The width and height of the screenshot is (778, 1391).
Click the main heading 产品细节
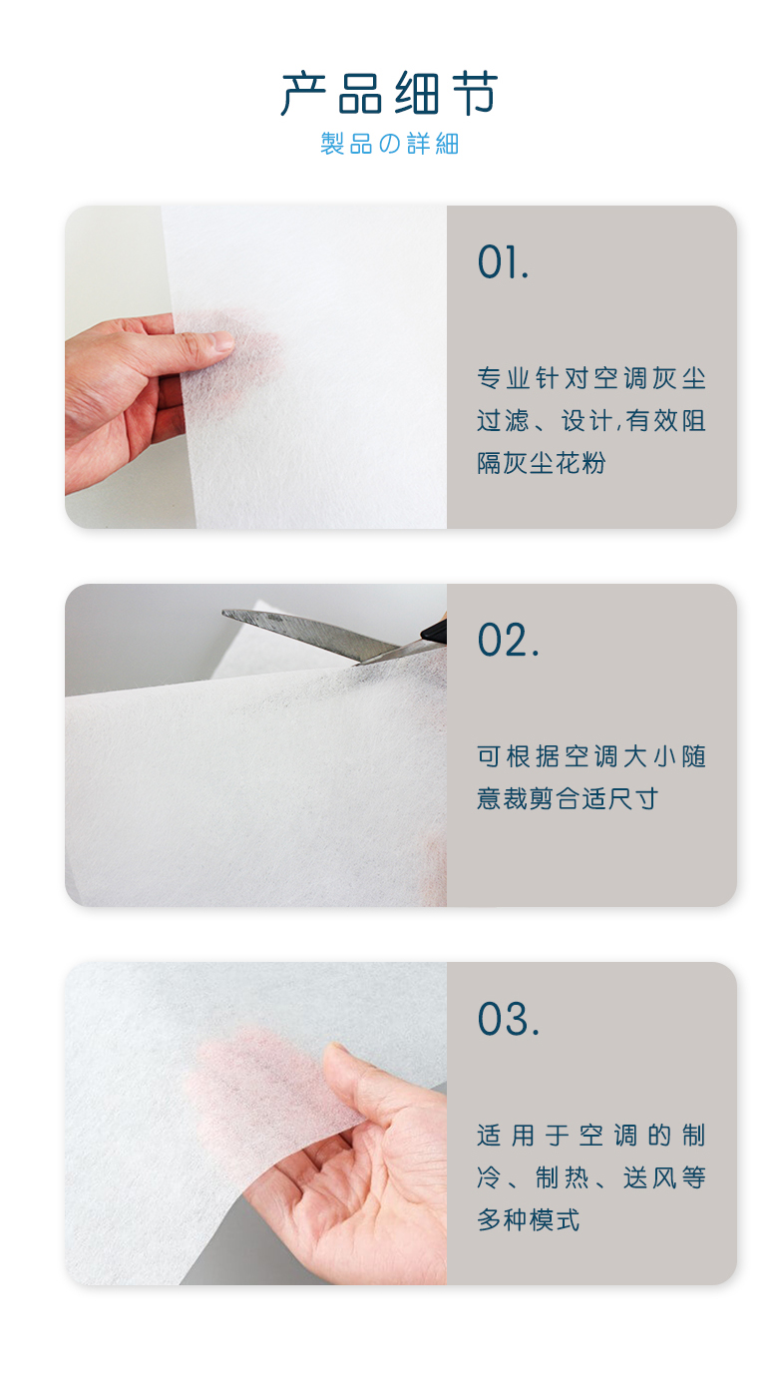(389, 93)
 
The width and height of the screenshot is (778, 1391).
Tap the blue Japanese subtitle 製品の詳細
(389, 144)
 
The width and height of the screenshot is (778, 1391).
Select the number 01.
(503, 262)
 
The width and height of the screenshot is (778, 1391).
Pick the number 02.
(508, 640)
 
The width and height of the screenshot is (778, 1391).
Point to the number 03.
(508, 1019)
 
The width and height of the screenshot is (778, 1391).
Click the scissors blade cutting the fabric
(310, 634)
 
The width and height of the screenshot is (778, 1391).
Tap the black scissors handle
(434, 630)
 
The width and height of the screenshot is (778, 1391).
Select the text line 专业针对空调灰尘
(591, 378)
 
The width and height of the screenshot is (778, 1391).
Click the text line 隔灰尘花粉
(541, 463)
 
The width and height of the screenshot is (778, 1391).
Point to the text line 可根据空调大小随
(591, 756)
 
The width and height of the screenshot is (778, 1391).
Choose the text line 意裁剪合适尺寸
(567, 798)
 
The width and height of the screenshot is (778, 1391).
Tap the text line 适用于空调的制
(591, 1136)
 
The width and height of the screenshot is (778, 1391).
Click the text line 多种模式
(528, 1219)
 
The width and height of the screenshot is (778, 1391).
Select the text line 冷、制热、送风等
(591, 1177)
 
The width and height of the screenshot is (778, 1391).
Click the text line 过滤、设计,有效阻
(591, 420)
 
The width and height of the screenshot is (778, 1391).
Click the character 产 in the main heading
(303, 93)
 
